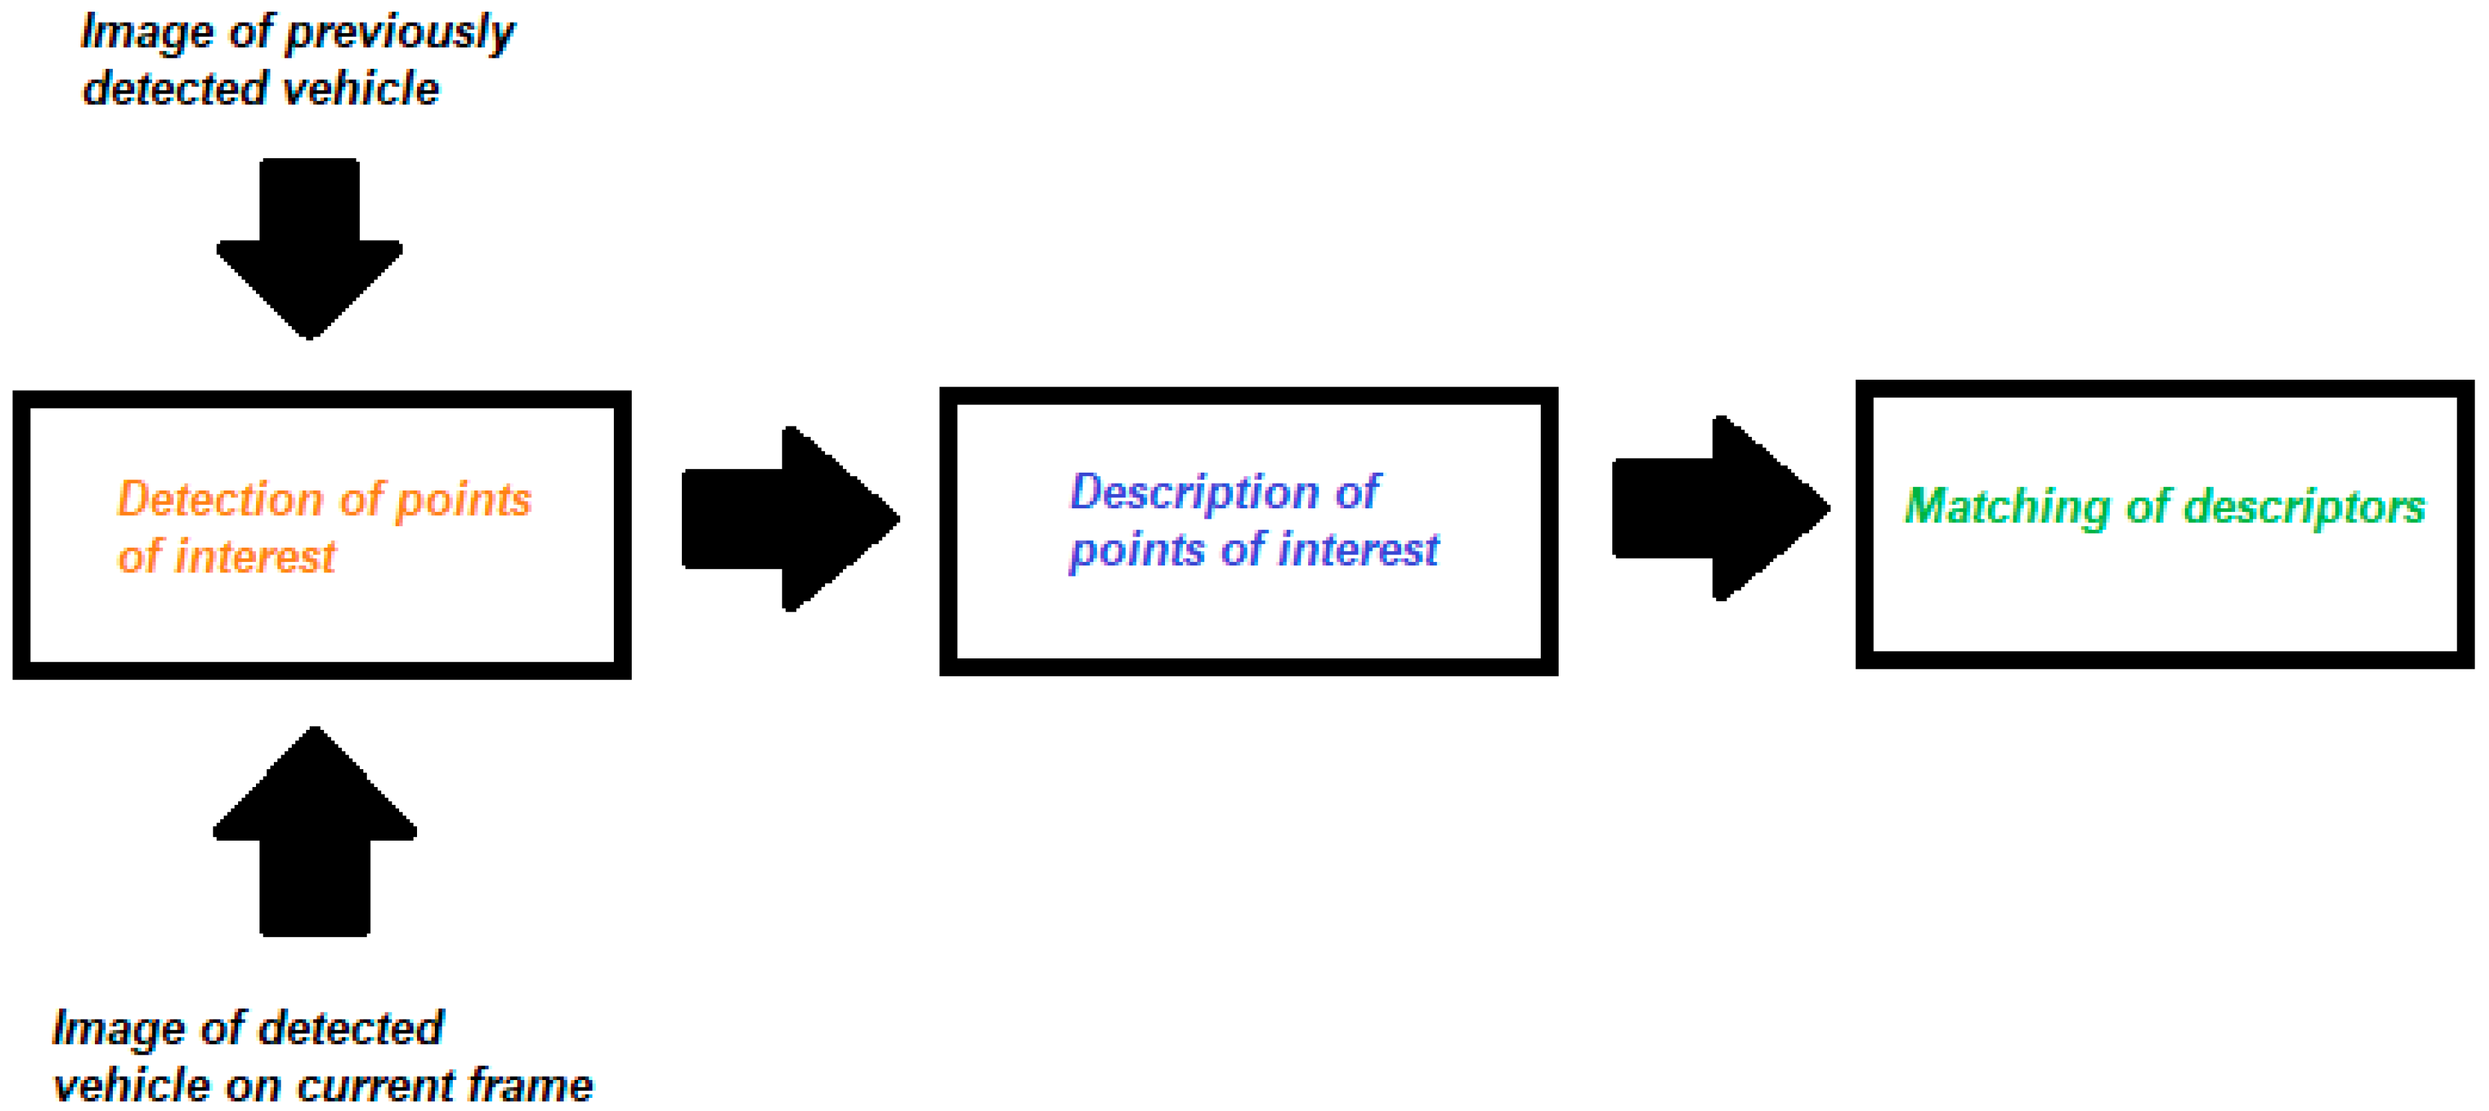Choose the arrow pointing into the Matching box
(1719, 508)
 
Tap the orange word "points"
(464, 500)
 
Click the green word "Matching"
(2006, 507)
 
